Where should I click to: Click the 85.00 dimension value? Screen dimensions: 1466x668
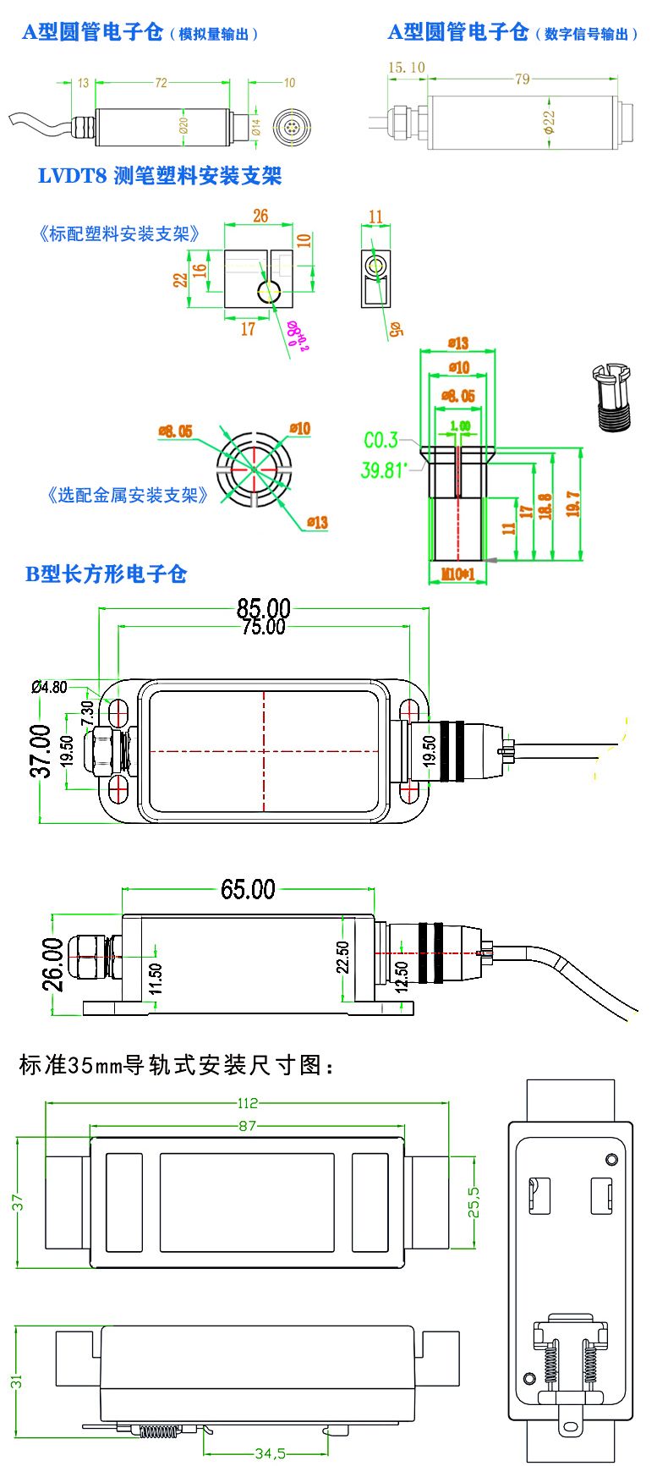tap(263, 607)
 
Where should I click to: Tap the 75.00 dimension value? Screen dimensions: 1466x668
tap(263, 626)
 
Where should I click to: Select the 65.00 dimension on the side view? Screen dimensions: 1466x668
tap(248, 889)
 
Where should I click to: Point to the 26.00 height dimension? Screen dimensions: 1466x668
tap(52, 964)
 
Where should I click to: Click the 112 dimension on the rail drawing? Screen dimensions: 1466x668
tap(247, 1103)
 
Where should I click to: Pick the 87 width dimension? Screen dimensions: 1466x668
tap(247, 1126)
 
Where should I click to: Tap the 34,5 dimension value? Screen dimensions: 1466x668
tap(271, 1453)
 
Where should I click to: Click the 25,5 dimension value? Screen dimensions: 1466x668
tap(474, 1201)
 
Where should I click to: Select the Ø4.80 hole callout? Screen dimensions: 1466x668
tap(49, 687)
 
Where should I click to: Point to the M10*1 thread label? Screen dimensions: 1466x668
tap(458, 574)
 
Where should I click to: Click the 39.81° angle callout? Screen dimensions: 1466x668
tap(384, 469)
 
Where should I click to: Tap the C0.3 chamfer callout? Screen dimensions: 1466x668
tap(381, 440)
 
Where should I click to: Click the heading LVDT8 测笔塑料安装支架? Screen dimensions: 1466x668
tap(160, 176)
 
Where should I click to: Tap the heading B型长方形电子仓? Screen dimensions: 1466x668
tap(105, 574)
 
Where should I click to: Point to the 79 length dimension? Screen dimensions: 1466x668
tap(522, 79)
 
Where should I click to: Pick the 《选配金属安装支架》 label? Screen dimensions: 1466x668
tap(127, 495)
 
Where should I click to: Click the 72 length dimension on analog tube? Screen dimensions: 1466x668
tap(161, 83)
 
